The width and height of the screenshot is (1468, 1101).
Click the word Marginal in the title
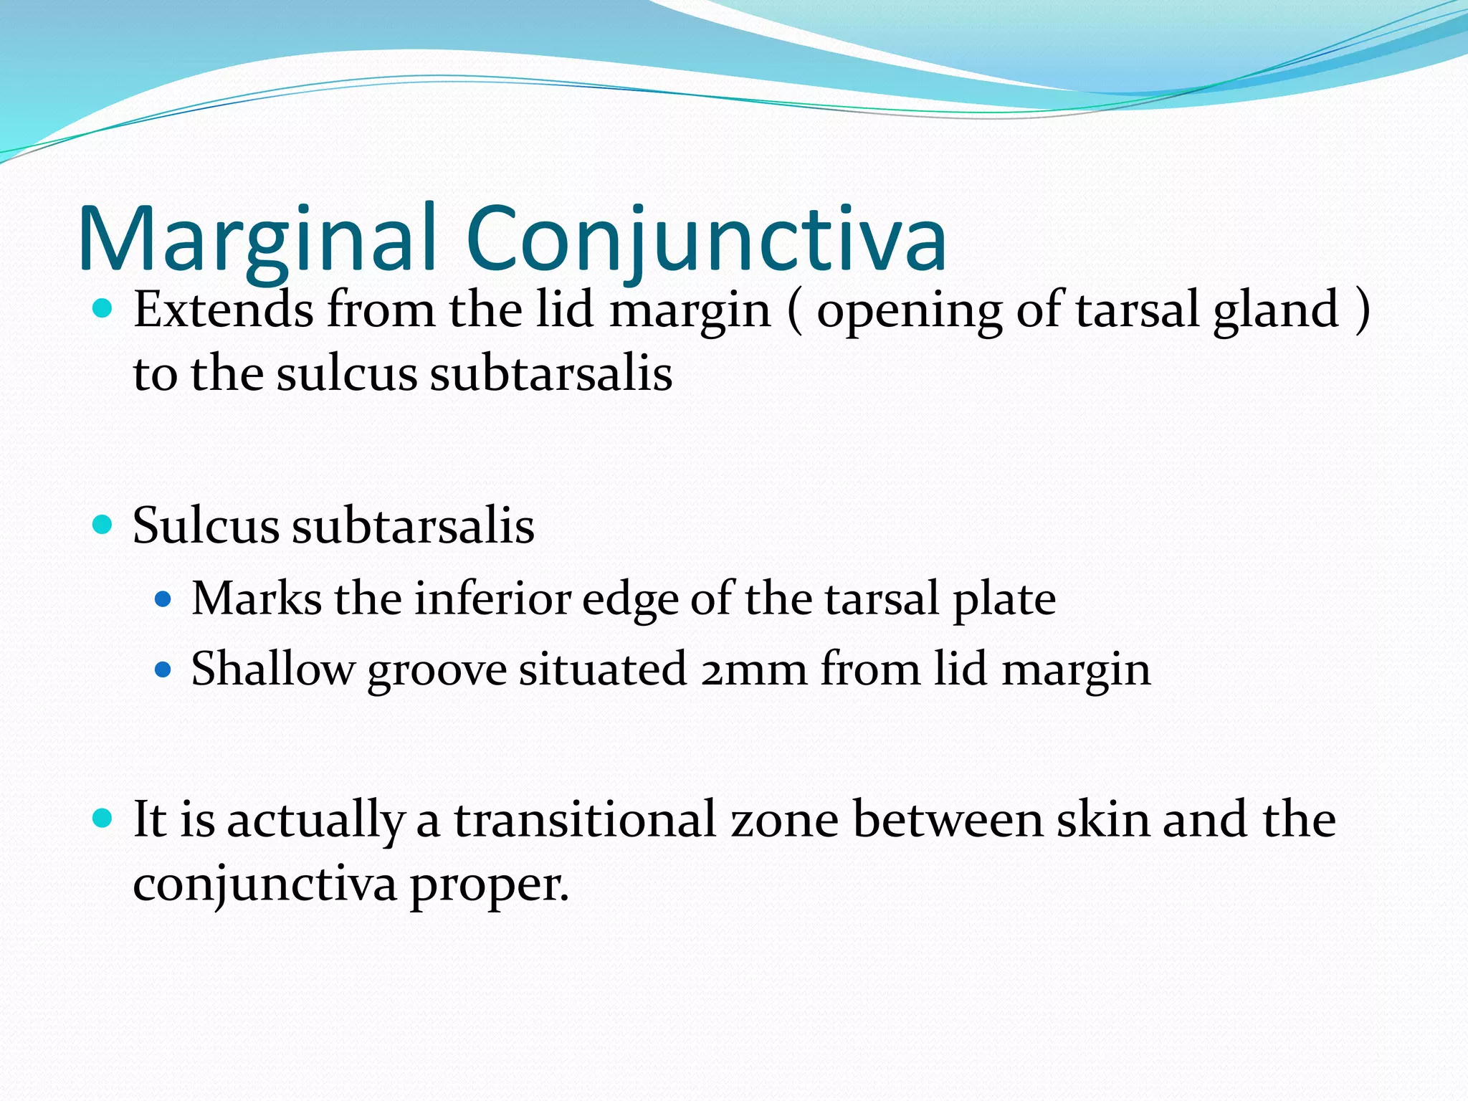tap(258, 240)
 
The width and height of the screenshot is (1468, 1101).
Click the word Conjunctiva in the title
tap(706, 240)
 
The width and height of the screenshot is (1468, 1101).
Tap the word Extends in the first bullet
tap(224, 310)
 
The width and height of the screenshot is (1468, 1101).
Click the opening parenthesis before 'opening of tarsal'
tap(793, 311)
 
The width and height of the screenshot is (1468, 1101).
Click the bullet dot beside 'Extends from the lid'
tap(103, 309)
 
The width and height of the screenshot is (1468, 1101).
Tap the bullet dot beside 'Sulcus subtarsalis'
tap(103, 525)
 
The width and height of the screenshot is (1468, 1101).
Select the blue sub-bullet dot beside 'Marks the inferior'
tap(163, 598)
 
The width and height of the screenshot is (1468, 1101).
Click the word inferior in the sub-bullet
tap(492, 598)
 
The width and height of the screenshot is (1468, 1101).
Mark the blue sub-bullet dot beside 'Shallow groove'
tap(163, 669)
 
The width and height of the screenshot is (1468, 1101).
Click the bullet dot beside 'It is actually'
tap(103, 818)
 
